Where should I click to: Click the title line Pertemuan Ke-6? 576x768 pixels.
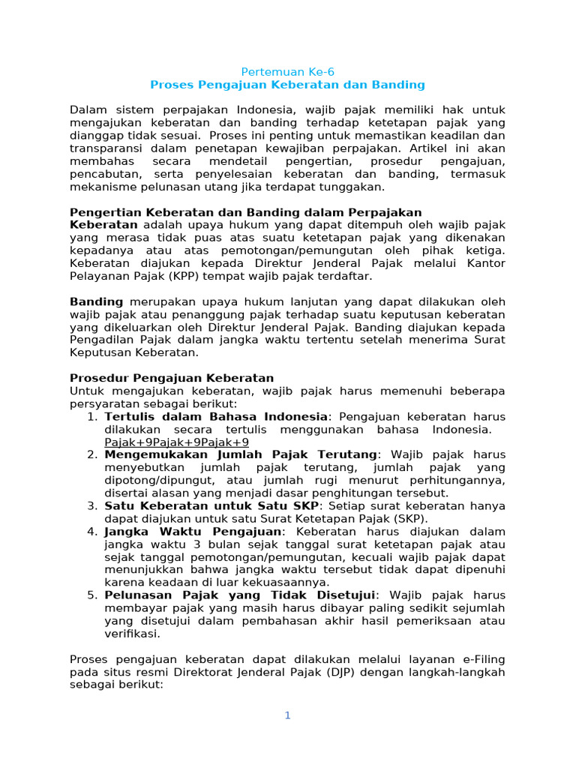click(x=287, y=72)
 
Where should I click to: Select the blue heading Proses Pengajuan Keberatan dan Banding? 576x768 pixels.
click(x=287, y=85)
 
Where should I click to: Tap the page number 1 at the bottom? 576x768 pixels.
click(x=287, y=715)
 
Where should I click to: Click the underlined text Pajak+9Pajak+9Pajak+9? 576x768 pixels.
click(x=166, y=442)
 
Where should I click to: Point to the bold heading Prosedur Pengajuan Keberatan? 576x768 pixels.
click(x=172, y=378)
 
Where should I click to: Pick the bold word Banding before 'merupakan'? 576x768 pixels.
click(x=96, y=301)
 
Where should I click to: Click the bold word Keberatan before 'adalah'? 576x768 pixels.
click(x=103, y=225)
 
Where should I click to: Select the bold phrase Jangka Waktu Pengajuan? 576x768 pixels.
click(x=193, y=532)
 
